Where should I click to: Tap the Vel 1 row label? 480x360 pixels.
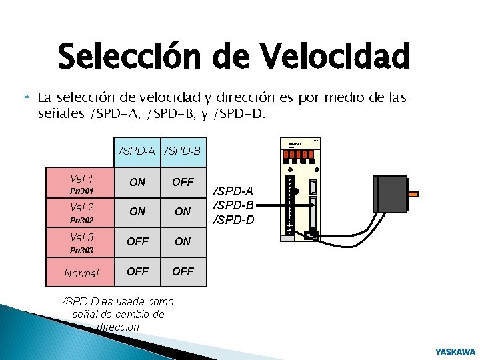[81, 179]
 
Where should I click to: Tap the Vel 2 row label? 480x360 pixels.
[81, 207]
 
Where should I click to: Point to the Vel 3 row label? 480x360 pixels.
[81, 237]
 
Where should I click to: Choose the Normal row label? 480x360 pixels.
[81, 273]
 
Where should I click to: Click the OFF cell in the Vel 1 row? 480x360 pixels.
[183, 182]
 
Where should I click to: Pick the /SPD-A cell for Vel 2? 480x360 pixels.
[137, 211]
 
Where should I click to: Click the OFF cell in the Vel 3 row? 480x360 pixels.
[137, 241]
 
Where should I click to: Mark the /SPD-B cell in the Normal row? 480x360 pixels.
[183, 271]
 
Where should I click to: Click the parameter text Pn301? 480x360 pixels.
[81, 191]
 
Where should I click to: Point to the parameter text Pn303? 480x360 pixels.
[81, 250]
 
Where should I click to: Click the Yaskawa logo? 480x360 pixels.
[455, 351]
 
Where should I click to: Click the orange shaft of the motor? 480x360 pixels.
[413, 194]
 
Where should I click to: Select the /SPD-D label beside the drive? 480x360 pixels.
[233, 219]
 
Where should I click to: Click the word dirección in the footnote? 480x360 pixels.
[117, 327]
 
